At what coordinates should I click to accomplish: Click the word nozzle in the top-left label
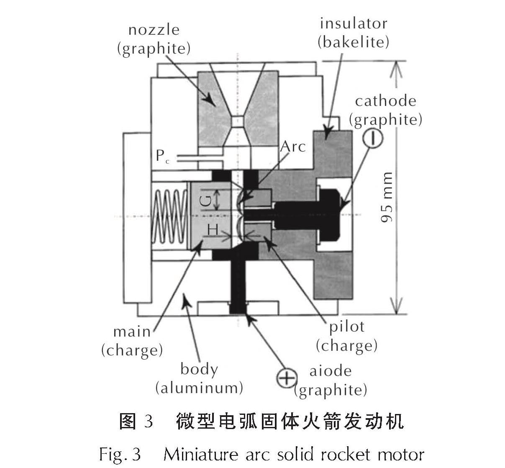coord(154,30)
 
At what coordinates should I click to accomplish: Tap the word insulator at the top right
coord(354,23)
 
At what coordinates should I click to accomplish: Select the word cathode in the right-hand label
coord(385,101)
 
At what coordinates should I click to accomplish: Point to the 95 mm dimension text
coord(387,197)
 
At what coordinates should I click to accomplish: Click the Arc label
coord(293,147)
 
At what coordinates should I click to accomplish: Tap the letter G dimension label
coord(205,200)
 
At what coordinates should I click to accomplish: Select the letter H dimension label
coord(213,229)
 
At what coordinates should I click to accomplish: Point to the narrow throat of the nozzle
coord(237,121)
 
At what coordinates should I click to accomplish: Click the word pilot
coord(347,327)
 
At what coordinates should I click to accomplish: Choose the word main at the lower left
coord(132,332)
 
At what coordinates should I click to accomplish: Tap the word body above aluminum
coord(199,369)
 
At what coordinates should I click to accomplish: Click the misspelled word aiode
coord(330,371)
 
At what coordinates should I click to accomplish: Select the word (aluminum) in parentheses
coord(199,388)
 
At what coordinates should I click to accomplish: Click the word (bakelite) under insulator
coord(354,42)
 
